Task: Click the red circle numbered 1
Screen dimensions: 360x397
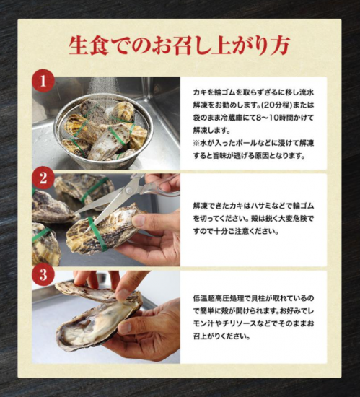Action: tap(43, 81)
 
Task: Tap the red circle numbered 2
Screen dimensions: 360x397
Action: tap(43, 178)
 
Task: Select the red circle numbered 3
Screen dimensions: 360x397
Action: tap(43, 274)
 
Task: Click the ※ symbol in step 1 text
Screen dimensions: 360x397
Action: tap(196, 144)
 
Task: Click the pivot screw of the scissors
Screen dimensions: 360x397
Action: tap(130, 190)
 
